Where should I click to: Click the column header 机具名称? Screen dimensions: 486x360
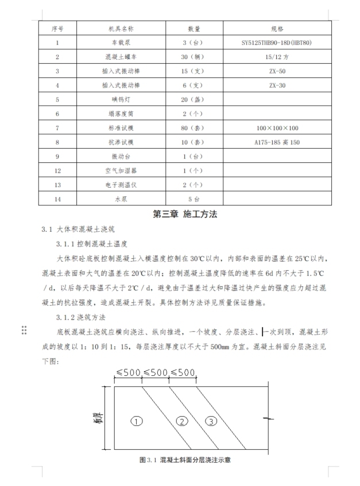121,28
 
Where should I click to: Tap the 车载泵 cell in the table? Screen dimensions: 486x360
121,42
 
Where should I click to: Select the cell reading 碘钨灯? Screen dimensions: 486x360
121,99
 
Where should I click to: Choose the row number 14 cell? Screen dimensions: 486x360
57,199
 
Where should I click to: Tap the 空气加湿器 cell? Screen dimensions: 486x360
121,170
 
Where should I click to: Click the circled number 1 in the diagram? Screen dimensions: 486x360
137,421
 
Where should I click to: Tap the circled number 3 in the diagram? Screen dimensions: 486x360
211,421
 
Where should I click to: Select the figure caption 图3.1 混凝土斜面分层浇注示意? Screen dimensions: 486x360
185,460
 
